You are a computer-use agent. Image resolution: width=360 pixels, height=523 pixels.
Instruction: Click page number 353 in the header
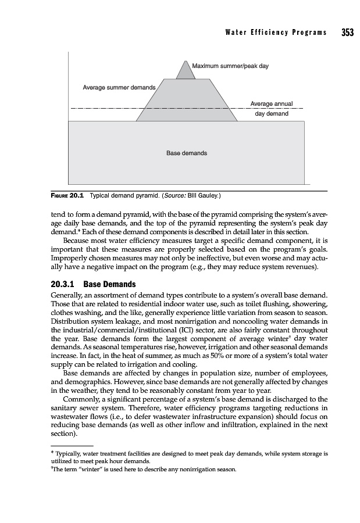[348, 33]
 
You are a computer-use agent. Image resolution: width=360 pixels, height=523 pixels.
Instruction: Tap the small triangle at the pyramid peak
[186, 70]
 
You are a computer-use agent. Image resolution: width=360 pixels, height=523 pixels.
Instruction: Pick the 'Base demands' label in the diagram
[186, 153]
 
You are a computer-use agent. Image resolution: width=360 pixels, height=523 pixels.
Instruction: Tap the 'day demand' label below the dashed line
[272, 114]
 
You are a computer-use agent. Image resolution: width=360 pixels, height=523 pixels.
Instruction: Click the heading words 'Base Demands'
[109, 285]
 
